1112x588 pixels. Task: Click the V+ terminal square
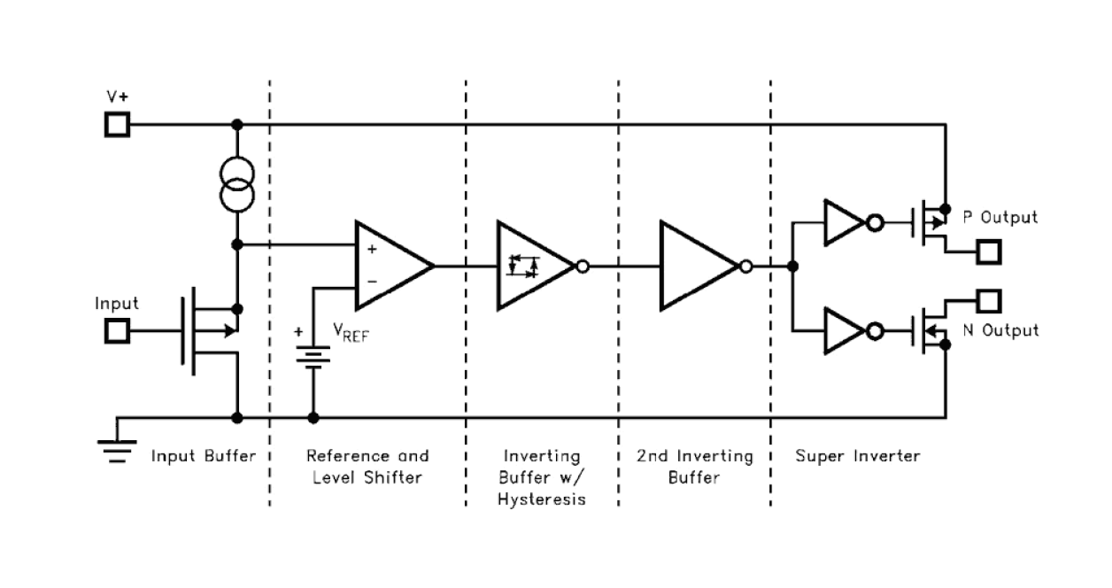pyautogui.click(x=117, y=124)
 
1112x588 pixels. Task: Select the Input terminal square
pyautogui.click(x=117, y=331)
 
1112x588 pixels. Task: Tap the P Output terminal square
pyautogui.click(x=988, y=252)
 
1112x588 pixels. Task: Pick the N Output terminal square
pyautogui.click(x=988, y=300)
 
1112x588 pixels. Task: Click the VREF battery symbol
pyautogui.click(x=313, y=355)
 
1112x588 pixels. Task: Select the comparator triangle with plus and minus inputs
pyautogui.click(x=390, y=265)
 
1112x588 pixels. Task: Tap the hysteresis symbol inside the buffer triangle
pyautogui.click(x=522, y=265)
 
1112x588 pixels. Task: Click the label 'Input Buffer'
pyautogui.click(x=204, y=457)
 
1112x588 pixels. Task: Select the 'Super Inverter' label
pyautogui.click(x=857, y=457)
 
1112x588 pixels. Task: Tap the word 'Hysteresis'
pyautogui.click(x=541, y=499)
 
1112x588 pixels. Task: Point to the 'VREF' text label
pyautogui.click(x=351, y=331)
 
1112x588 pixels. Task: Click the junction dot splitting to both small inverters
pyautogui.click(x=792, y=266)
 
